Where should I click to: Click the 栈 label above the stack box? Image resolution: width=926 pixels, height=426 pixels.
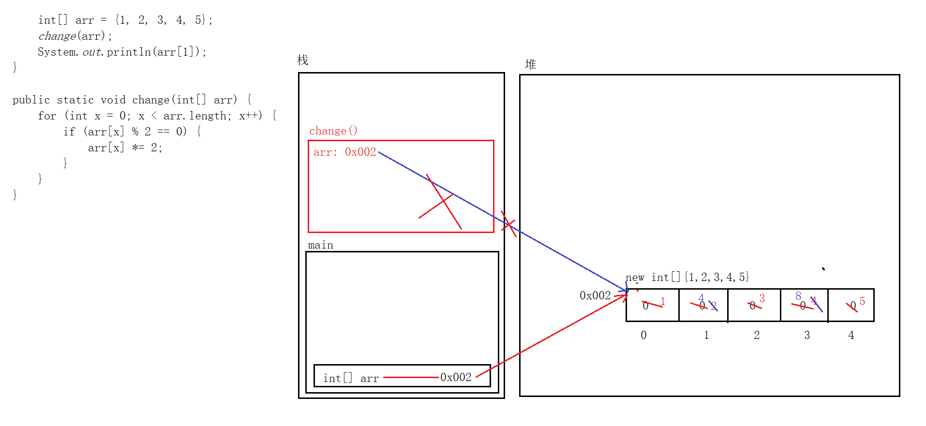click(x=303, y=60)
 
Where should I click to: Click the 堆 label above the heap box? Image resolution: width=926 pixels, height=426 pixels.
click(x=531, y=64)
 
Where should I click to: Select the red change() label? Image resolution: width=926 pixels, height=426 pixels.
click(x=333, y=131)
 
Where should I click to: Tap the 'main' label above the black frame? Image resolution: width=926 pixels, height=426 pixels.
click(x=320, y=245)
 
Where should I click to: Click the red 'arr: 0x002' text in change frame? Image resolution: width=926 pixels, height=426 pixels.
click(x=344, y=152)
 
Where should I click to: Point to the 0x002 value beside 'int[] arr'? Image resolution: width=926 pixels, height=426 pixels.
click(x=456, y=377)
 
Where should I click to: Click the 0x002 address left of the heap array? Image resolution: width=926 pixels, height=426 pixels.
click(x=595, y=295)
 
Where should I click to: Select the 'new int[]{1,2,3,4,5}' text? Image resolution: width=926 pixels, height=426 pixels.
click(x=687, y=277)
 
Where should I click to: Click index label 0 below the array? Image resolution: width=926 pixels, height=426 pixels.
click(x=643, y=335)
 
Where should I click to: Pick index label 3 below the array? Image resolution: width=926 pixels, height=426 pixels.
click(x=807, y=335)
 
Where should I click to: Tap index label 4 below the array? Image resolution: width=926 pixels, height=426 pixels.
click(x=851, y=335)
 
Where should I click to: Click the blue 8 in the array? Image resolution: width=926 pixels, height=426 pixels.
click(x=798, y=295)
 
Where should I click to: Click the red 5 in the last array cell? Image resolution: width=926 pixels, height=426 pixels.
click(x=862, y=301)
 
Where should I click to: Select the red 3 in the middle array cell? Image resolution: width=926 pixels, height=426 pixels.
click(x=762, y=298)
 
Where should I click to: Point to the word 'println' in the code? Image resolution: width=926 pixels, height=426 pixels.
click(x=129, y=52)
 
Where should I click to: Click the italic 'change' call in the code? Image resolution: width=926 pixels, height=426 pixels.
click(x=57, y=36)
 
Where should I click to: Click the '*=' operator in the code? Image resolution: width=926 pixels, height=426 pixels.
click(x=138, y=147)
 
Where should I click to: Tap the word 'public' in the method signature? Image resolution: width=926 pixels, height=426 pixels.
click(x=31, y=100)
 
